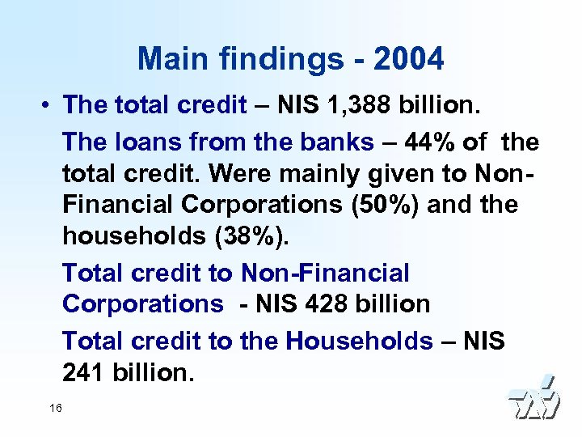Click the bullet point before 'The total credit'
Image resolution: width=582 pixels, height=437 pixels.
49,105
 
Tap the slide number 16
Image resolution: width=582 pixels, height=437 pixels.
56,407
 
